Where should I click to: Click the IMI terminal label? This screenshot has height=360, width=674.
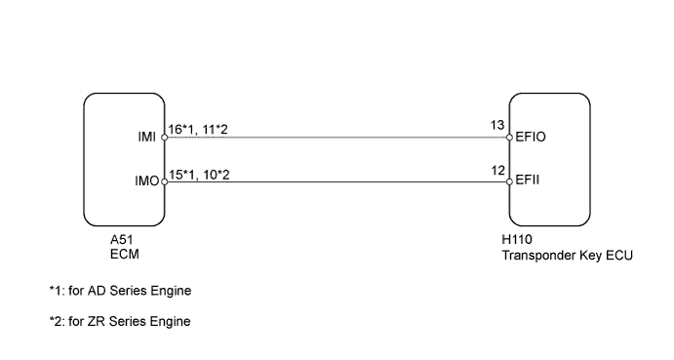pos(147,138)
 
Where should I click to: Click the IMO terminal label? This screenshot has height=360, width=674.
pos(146,180)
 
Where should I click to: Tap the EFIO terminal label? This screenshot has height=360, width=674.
pos(533,138)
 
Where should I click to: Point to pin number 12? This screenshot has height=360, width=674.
pos(497,171)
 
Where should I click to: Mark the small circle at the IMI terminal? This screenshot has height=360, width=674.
pos(164,138)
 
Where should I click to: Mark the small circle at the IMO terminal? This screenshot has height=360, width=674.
pos(164,180)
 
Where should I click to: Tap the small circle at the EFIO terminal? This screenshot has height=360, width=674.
pos(509,138)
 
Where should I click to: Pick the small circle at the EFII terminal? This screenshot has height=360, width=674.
pos(509,180)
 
